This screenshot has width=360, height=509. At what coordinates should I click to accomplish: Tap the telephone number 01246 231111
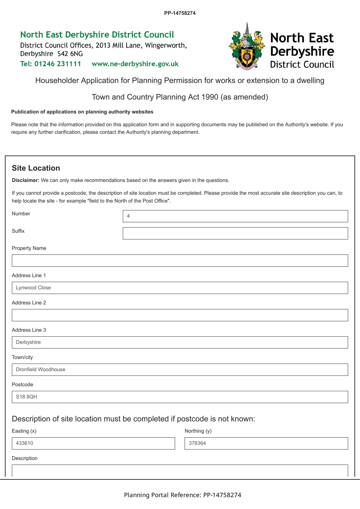(58, 64)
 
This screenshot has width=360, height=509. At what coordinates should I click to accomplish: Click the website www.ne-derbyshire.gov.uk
(135, 64)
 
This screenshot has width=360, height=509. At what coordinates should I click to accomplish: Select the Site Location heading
(36, 168)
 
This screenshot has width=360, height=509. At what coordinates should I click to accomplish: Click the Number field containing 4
(235, 216)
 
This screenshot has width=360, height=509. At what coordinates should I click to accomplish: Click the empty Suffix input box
(235, 233)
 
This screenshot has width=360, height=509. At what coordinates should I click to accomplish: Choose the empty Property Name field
(180, 261)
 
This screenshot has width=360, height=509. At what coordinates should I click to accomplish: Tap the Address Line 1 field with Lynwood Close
(180, 288)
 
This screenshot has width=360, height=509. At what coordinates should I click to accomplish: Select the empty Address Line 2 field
(180, 315)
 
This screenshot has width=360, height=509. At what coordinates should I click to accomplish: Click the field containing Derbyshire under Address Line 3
(180, 342)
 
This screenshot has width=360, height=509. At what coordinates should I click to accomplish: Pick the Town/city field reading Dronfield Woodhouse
(180, 370)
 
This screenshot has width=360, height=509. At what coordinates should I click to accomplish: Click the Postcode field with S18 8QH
(180, 397)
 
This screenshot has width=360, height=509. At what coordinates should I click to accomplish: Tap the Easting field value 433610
(93, 443)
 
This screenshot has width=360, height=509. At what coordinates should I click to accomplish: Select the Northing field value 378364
(266, 443)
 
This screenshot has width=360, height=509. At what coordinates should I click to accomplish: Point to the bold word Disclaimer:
(26, 180)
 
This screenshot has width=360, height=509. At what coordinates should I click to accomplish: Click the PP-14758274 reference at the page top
(180, 13)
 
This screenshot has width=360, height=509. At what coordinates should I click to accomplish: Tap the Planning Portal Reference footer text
(183, 495)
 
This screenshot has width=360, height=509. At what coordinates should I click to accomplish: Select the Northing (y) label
(198, 431)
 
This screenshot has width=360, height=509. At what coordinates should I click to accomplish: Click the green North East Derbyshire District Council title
(97, 35)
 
